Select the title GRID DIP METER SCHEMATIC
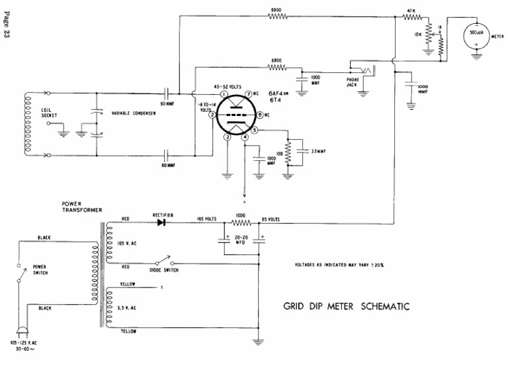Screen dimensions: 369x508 (x=346, y=306)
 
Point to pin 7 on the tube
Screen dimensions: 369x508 (x=249, y=95)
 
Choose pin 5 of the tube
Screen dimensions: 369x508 (x=253, y=130)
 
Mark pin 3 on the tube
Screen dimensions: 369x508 (x=227, y=137)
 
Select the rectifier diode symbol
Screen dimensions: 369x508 (x=161, y=223)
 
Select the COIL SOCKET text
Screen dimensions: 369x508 (x=49, y=115)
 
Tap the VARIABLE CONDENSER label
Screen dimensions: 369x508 (x=134, y=112)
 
